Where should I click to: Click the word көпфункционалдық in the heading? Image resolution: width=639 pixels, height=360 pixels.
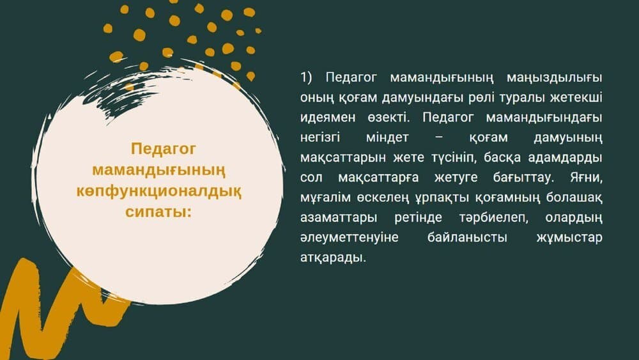click(x=158, y=191)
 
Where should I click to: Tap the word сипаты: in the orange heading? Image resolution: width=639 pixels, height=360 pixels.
click(x=158, y=212)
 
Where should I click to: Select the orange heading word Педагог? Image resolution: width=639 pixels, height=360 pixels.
click(x=163, y=149)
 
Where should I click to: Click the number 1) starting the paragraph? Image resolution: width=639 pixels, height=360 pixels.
click(x=306, y=77)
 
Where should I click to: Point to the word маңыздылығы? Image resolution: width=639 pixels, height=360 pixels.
click(x=554, y=78)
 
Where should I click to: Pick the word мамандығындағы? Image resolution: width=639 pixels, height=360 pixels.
click(x=544, y=118)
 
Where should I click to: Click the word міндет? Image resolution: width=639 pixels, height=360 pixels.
click(x=387, y=137)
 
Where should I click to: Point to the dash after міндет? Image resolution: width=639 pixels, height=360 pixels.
click(x=438, y=138)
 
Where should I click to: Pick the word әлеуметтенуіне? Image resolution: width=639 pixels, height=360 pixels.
click(x=350, y=238)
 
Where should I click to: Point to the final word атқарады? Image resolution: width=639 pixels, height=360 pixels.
click(x=333, y=258)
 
